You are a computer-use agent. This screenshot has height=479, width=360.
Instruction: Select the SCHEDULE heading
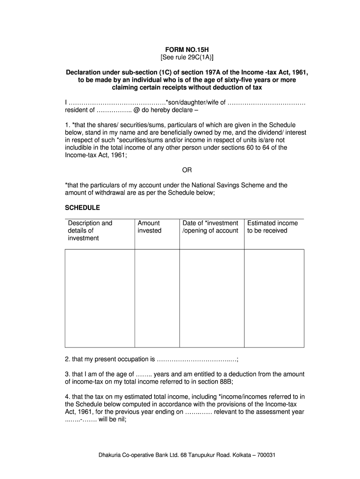tap(82, 207)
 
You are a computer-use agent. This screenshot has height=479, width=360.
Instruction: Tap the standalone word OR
tap(187, 170)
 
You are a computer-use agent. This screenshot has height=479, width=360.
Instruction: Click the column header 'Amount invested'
tap(149, 227)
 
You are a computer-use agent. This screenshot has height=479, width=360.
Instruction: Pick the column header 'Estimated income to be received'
tap(272, 227)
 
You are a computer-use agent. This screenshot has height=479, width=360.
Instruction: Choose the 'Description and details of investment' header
tap(90, 231)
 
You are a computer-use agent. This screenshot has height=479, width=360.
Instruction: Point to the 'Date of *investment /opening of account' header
tap(210, 227)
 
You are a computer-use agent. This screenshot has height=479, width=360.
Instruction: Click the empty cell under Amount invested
tap(157, 298)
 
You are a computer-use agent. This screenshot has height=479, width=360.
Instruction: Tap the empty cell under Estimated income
tap(274, 298)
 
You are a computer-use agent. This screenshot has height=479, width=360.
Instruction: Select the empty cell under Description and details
tap(100, 298)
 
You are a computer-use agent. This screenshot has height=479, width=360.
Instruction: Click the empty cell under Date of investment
tap(212, 298)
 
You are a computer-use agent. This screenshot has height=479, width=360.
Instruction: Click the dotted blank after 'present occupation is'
tap(197, 360)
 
